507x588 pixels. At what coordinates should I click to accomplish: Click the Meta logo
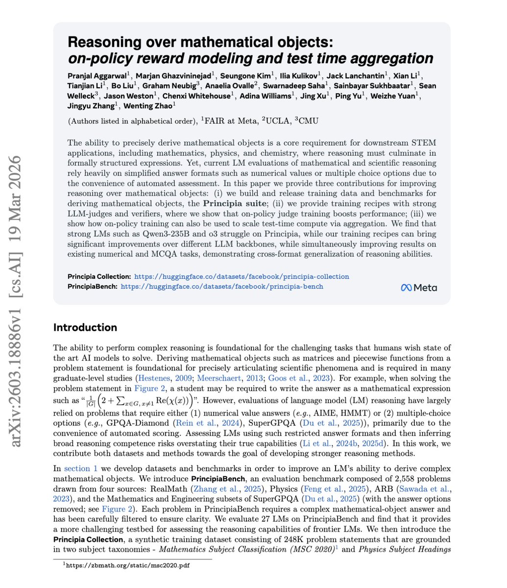coord(419,288)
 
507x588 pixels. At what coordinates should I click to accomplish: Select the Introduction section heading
coord(85,327)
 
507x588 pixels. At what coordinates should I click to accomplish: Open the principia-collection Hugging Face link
coord(241,276)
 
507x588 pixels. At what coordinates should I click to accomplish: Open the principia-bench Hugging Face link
coord(222,286)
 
